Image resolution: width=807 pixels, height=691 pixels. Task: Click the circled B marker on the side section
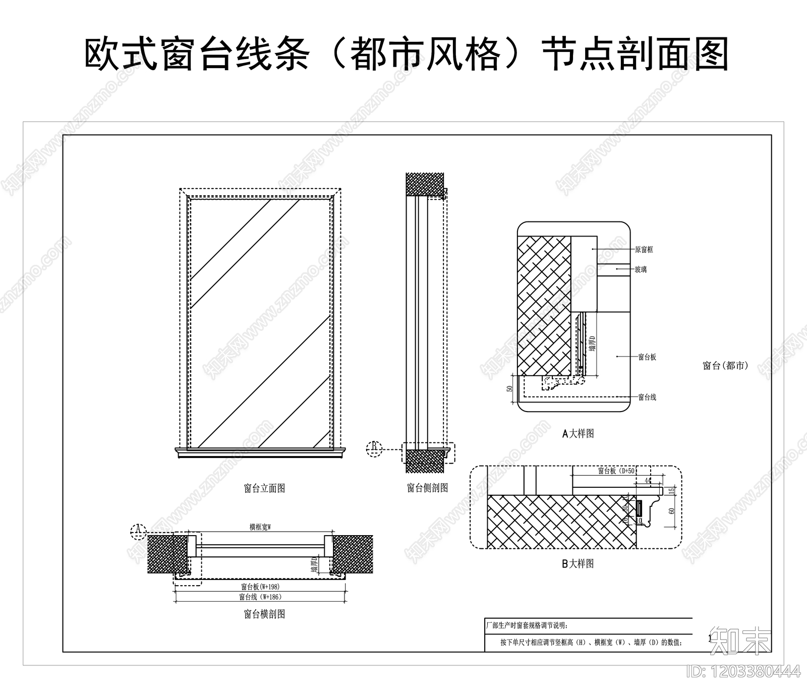[x=374, y=448]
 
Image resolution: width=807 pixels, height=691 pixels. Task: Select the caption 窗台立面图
[x=264, y=488]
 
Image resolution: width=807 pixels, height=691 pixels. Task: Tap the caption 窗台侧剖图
[x=427, y=488]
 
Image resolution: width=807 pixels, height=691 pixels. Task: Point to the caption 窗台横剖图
[x=264, y=614]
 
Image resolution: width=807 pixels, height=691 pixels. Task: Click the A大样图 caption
[x=578, y=433]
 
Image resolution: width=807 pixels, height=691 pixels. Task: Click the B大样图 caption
[x=578, y=563]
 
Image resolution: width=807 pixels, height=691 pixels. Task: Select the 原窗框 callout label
[x=644, y=250]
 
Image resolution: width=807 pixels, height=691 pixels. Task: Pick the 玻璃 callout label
[x=641, y=270]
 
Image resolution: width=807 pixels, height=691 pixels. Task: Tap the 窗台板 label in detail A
[x=647, y=357]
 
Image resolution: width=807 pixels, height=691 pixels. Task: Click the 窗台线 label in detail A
[x=647, y=397]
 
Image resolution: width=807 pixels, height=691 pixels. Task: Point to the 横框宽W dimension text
[x=260, y=527]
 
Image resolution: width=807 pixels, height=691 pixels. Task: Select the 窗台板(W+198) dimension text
[x=260, y=587]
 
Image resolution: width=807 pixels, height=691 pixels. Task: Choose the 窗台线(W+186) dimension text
[x=260, y=597]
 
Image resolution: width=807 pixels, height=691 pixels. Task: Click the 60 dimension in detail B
[x=671, y=511]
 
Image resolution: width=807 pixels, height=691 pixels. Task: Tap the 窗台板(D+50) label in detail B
[x=617, y=471]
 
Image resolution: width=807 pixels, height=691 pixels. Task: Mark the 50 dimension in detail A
[x=509, y=389]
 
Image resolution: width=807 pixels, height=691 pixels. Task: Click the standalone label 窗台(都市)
[x=725, y=366]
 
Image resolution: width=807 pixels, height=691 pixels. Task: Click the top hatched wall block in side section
[x=425, y=185]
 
